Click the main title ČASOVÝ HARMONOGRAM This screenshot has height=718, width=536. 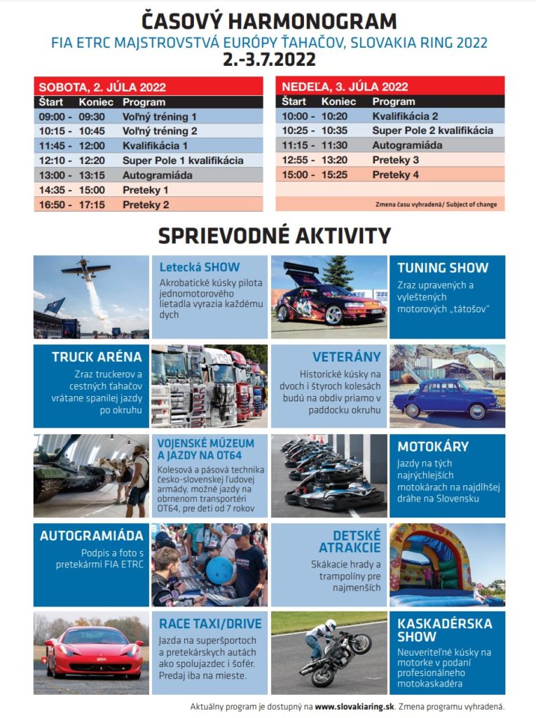[x=269, y=20]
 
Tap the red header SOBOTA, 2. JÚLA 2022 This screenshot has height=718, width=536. [x=102, y=88]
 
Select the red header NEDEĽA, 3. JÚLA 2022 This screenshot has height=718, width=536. [x=345, y=87]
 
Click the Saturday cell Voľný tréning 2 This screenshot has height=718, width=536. [x=160, y=131]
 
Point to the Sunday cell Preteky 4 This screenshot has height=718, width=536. [x=395, y=175]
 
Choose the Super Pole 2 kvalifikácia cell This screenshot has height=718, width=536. [x=432, y=130]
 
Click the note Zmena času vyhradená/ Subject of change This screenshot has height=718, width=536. [x=447, y=204]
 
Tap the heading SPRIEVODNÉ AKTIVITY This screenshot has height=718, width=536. [x=274, y=236]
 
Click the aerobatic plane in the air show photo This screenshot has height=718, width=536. [x=85, y=269]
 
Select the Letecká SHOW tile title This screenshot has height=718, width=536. [x=199, y=267]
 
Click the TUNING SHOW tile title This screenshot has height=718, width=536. [x=443, y=267]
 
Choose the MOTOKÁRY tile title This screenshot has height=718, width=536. [x=433, y=447]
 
